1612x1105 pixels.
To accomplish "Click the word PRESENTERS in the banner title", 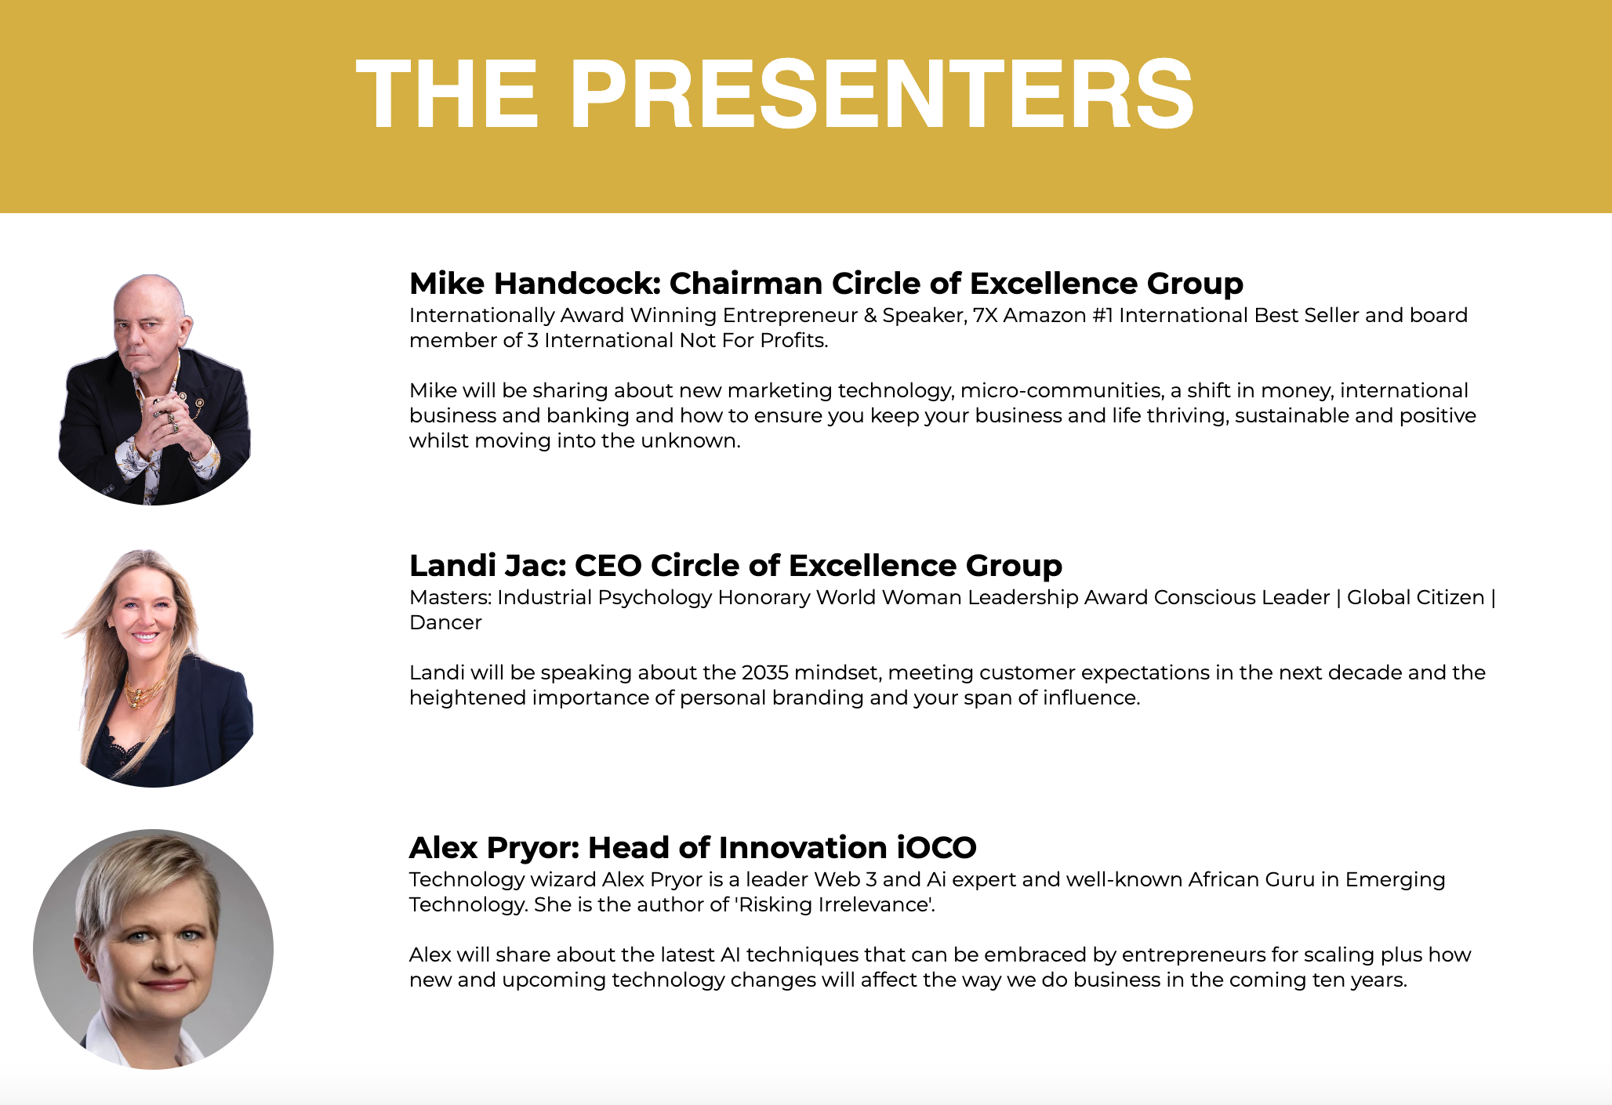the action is pyautogui.click(x=881, y=94).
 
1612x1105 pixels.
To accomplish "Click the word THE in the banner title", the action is pyautogui.click(x=448, y=94).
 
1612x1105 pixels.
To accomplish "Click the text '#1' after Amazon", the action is pyautogui.click(x=1102, y=315).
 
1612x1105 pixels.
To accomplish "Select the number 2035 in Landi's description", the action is pyautogui.click(x=764, y=672).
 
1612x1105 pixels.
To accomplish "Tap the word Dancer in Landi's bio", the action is pyautogui.click(x=445, y=622).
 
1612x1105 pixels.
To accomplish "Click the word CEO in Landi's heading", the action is pyautogui.click(x=608, y=566).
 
